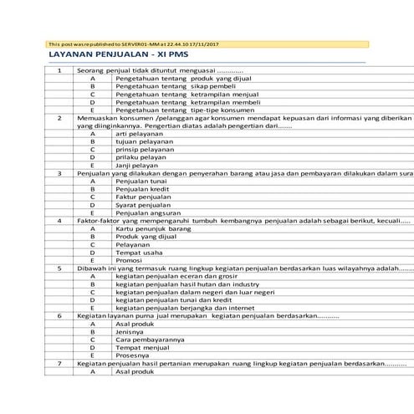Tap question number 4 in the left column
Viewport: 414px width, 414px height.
pyautogui.click(x=59, y=220)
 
